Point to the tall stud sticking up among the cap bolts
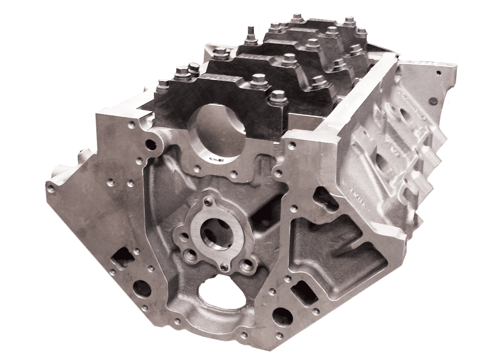pos(250,33)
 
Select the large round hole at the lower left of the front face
pos(142,289)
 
